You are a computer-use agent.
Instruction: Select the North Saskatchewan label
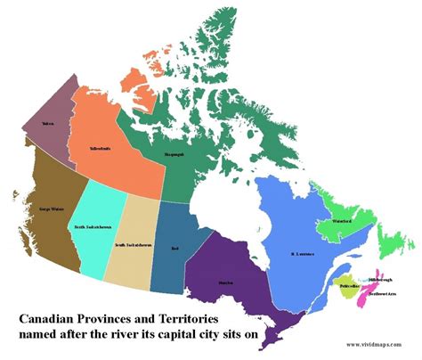pos(92,227)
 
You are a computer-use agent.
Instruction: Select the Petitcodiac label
pos(350,286)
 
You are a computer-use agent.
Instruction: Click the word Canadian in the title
pos(61,317)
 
